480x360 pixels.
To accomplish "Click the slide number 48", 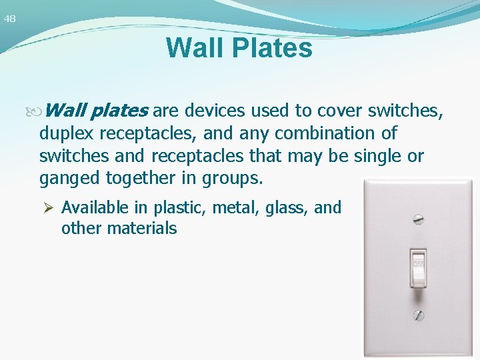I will coord(9,19).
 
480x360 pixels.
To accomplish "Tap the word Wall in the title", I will coord(191,48).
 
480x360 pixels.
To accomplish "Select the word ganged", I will coord(66,179).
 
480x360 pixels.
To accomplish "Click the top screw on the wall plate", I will coord(419,218).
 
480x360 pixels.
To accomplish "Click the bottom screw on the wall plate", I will coord(419,315).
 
